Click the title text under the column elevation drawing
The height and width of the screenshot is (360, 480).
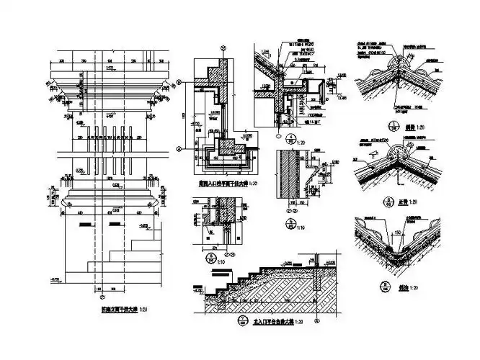(119, 310)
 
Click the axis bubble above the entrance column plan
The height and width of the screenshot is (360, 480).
(223, 48)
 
